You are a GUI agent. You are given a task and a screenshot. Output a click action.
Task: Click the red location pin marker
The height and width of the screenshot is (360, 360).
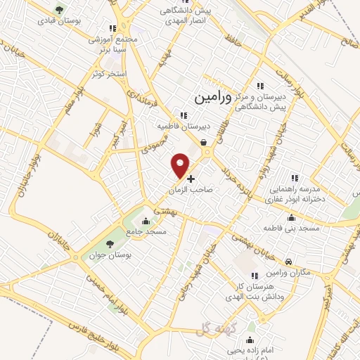point(181,165)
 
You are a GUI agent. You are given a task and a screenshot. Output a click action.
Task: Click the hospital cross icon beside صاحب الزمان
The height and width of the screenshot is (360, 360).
point(191,179)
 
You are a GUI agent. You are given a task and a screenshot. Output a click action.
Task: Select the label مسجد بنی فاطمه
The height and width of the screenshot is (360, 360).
point(292,229)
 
